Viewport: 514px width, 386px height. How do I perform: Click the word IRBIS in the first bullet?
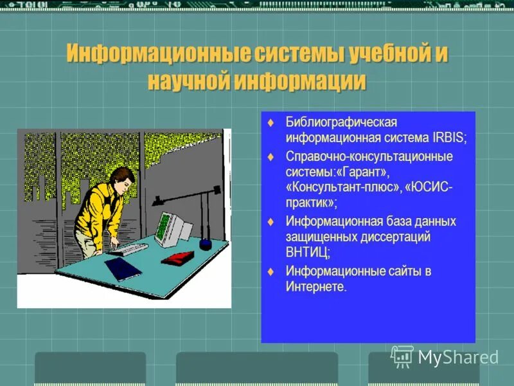[x=447, y=138]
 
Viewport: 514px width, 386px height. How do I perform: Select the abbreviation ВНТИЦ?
[x=308, y=253]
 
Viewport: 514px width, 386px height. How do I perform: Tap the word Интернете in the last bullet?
[x=315, y=287]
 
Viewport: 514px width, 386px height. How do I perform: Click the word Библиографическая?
[x=342, y=122]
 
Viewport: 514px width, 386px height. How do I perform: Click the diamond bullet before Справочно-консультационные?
[x=270, y=156]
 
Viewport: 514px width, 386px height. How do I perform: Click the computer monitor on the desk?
[x=172, y=228]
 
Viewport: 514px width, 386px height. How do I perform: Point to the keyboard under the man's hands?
[x=128, y=248]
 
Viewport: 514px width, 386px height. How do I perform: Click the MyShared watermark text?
[x=457, y=357]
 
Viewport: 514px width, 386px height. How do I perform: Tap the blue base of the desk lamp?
[x=206, y=244]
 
